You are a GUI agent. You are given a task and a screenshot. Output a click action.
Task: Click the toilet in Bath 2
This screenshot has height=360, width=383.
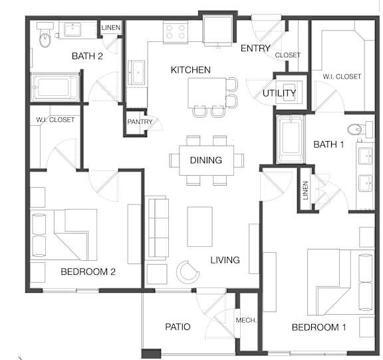tap(45, 35)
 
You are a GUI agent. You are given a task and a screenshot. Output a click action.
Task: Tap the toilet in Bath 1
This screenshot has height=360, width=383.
tap(360, 128)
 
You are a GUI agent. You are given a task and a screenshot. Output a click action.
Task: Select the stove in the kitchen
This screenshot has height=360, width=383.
tap(176, 32)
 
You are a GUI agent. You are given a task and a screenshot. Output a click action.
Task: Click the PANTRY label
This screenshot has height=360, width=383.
tap(140, 122)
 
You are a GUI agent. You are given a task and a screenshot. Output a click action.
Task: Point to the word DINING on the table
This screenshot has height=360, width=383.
tap(206, 160)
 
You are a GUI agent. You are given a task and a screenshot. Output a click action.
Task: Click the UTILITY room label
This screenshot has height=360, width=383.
tap(279, 93)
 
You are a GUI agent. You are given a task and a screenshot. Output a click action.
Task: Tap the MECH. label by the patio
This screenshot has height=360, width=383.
tap(246, 320)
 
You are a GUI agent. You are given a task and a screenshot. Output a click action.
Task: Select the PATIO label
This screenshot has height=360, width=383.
tap(178, 327)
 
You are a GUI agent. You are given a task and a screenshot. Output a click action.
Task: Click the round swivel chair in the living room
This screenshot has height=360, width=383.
tap(188, 272)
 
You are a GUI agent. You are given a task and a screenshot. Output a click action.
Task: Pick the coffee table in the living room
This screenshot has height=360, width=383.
tap(199, 226)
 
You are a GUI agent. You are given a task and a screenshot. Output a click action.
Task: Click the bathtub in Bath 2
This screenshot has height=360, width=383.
tap(55, 87)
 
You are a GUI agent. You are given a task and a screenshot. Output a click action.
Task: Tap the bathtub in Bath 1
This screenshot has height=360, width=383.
tap(291, 138)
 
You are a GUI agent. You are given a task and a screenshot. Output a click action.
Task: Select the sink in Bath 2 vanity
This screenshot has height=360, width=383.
tap(72, 29)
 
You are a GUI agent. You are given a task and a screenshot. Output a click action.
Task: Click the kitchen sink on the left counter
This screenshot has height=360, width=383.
tap(136, 73)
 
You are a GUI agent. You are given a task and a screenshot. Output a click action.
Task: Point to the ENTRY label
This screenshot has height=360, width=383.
tap(255, 49)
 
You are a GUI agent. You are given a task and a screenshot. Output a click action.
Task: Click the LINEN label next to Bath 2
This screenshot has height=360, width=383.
tap(111, 27)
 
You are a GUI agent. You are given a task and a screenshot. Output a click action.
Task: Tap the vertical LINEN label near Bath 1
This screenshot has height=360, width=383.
tap(305, 190)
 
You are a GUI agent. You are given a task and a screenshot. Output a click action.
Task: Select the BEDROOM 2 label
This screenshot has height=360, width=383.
tap(88, 271)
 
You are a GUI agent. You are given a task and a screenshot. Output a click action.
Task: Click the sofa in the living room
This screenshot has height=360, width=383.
tap(158, 228)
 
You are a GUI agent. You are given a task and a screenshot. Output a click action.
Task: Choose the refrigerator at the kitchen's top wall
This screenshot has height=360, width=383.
tap(217, 30)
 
